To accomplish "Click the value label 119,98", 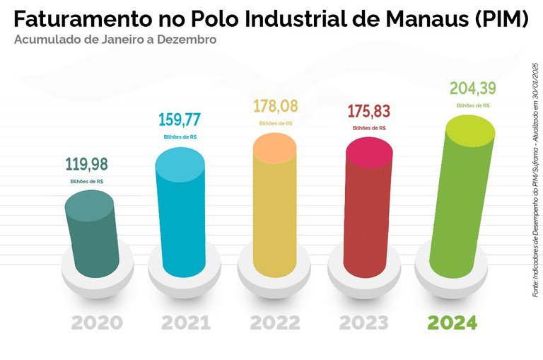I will pyautogui.click(x=87, y=165).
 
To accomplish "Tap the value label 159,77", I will pyautogui.click(x=180, y=117).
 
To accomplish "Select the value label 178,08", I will pyautogui.click(x=276, y=107).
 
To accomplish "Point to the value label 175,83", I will pyautogui.click(x=368, y=112).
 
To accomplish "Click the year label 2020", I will pyautogui.click(x=97, y=323).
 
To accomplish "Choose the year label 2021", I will pyautogui.click(x=186, y=323).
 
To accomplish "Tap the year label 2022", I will pyautogui.click(x=275, y=323).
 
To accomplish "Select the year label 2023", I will pyautogui.click(x=363, y=323).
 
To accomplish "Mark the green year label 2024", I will pyautogui.click(x=452, y=323).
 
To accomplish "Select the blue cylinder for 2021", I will pyautogui.click(x=180, y=219).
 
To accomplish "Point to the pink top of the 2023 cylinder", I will pyautogui.click(x=369, y=152).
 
